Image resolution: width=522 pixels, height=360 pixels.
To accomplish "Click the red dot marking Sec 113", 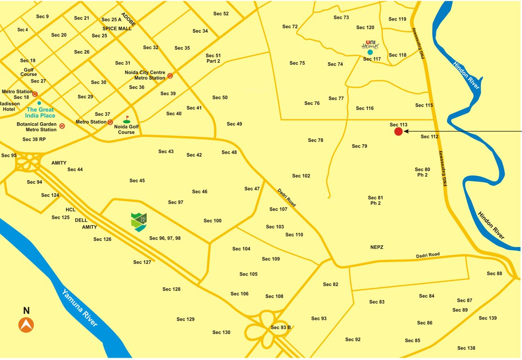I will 398,132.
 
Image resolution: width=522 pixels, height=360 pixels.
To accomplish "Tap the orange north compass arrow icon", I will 26,325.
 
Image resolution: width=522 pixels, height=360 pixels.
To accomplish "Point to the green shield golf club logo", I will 139,222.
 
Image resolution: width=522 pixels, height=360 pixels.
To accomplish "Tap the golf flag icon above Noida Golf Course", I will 127,120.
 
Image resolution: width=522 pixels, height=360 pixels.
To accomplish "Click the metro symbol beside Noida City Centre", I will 170,75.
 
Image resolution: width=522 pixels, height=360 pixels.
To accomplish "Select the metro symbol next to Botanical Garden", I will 62,126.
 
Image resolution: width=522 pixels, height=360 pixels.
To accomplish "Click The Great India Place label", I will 41,112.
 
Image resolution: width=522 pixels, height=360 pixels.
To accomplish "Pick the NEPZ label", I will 377,247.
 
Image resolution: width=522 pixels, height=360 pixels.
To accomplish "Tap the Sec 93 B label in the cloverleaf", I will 281,327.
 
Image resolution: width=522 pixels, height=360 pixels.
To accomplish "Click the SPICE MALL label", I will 117,29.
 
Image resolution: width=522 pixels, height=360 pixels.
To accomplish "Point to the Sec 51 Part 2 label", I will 213,59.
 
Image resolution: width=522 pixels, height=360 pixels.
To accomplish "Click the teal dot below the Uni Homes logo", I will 370,52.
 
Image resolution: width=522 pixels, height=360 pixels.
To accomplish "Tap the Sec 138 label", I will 466,348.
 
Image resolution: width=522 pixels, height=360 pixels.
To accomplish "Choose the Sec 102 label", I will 301,176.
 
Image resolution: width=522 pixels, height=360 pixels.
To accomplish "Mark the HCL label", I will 70,210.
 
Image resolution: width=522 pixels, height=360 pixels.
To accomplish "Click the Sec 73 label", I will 341,17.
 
